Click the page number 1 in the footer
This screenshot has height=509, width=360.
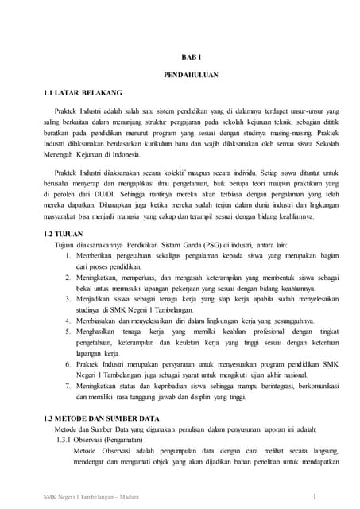(315, 498)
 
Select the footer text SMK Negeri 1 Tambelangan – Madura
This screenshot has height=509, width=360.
(89, 499)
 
